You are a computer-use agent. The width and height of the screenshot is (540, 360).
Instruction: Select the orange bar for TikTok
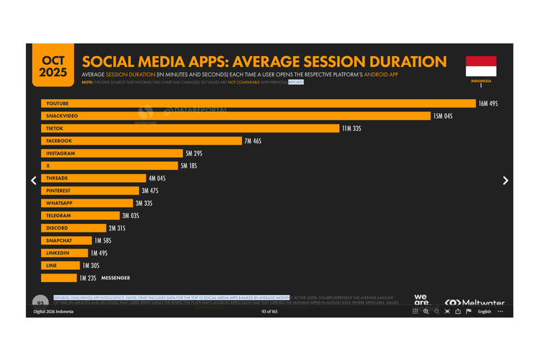click(190, 129)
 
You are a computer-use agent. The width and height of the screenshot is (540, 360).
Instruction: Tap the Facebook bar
click(141, 141)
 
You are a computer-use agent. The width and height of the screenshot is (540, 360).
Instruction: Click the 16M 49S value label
click(488, 104)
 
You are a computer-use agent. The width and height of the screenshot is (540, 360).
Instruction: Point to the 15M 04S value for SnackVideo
click(442, 116)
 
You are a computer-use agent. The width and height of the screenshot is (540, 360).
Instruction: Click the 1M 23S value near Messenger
click(88, 278)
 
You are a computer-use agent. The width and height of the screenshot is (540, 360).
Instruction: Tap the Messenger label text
click(115, 278)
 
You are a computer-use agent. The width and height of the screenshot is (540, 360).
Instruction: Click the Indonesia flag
click(481, 66)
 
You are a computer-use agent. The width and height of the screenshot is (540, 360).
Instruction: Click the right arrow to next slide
click(505, 181)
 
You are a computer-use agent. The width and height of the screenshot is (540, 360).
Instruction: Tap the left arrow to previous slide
click(33, 181)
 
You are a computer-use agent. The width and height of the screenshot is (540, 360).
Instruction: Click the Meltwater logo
click(474, 303)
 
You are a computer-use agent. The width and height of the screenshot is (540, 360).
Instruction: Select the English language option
click(485, 312)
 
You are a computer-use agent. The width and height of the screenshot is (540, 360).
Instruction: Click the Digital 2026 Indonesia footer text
click(55, 311)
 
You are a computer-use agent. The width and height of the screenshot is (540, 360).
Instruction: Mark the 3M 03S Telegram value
click(130, 216)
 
